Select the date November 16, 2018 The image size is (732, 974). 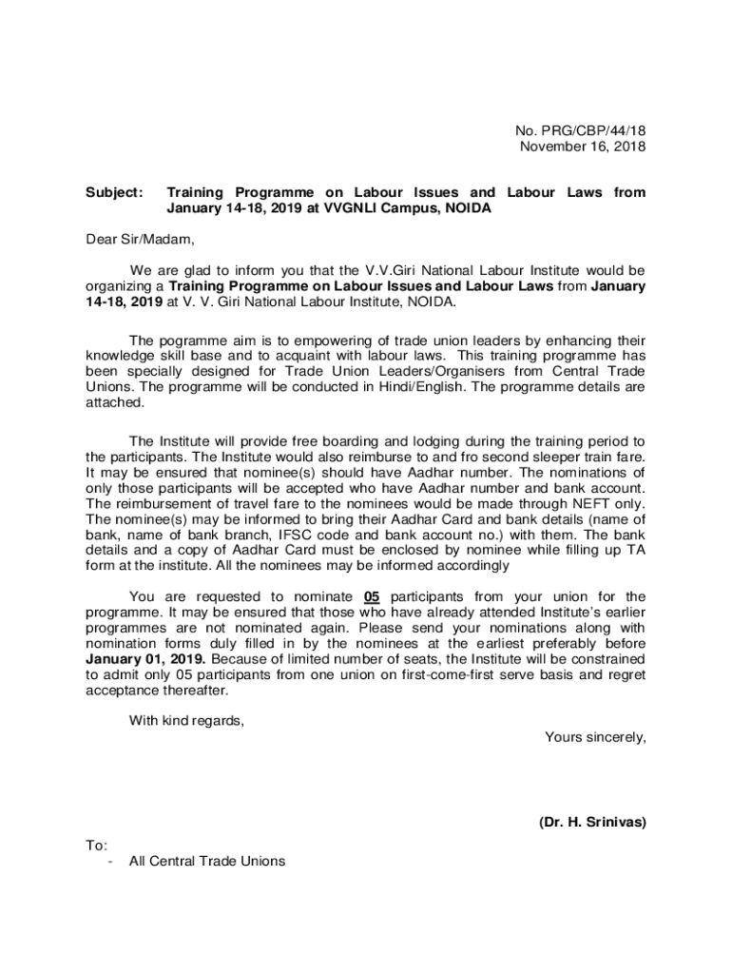[x=582, y=146]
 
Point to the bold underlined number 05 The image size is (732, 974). [x=373, y=596]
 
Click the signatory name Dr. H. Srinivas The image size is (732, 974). [x=591, y=823]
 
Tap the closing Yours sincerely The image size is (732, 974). [x=595, y=736]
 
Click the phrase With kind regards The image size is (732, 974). [x=186, y=720]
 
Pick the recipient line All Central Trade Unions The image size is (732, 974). [x=206, y=861]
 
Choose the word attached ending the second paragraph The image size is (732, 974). [x=115, y=402]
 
